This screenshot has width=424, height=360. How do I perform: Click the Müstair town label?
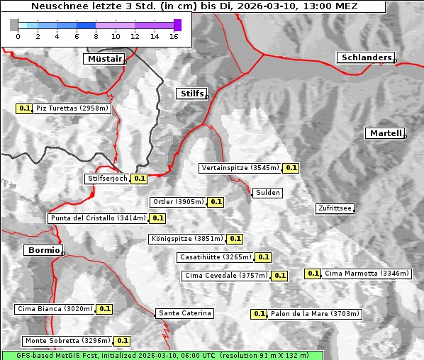(x=104, y=59)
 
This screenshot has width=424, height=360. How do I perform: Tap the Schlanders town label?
(x=365, y=57)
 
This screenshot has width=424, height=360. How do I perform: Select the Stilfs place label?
(x=191, y=94)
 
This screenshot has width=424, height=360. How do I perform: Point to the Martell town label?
(x=385, y=133)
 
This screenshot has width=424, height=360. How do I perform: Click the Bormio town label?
(x=43, y=250)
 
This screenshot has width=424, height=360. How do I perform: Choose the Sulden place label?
(x=268, y=193)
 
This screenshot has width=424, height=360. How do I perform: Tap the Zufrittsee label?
(x=335, y=208)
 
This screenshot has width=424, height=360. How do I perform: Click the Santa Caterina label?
(x=184, y=313)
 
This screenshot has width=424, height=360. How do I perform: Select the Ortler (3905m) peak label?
(x=179, y=202)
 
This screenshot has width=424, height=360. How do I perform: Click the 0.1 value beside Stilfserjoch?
(x=139, y=179)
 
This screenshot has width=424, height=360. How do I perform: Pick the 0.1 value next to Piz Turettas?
(x=24, y=108)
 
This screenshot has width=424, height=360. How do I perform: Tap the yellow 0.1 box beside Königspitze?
(x=235, y=239)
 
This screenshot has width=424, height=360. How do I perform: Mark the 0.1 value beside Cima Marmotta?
(x=313, y=274)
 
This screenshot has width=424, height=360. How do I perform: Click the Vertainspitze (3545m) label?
(x=240, y=168)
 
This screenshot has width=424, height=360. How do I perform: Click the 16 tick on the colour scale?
(x=174, y=36)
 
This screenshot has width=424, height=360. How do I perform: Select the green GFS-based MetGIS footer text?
(x=162, y=355)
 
